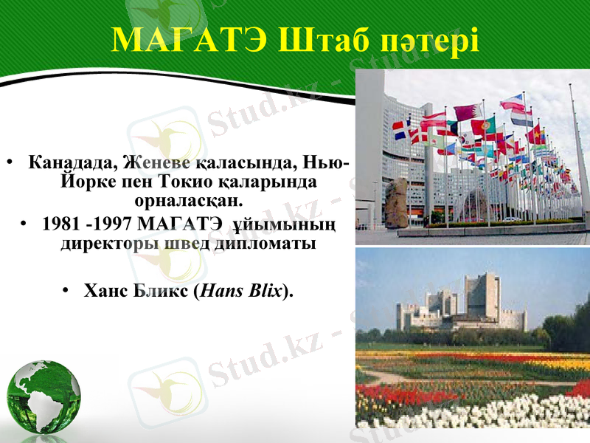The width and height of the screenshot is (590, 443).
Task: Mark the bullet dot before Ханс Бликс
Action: [x=68, y=290]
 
